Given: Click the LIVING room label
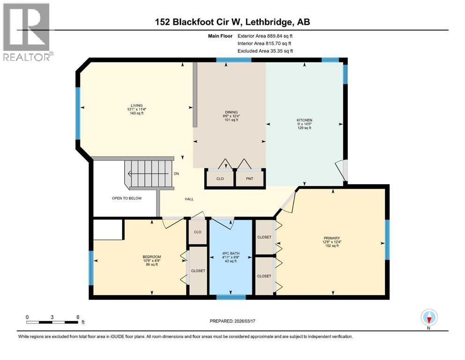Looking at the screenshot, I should click(137, 105).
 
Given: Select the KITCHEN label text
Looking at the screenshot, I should click(304, 120).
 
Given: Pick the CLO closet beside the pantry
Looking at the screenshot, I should click(220, 179).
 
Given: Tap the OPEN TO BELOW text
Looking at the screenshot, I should click(126, 198).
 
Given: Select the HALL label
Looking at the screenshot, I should click(189, 199).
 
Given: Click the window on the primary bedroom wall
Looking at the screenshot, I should click(387, 239).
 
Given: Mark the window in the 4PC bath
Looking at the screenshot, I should click(231, 296).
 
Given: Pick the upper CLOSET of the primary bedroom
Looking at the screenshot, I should click(264, 237).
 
